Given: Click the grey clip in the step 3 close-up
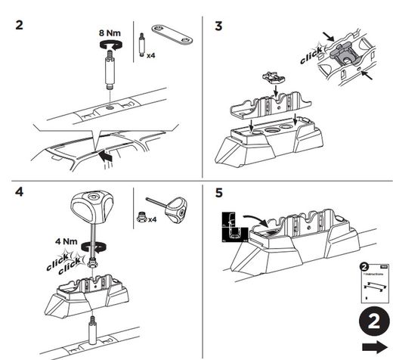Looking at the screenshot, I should tap(342, 51).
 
